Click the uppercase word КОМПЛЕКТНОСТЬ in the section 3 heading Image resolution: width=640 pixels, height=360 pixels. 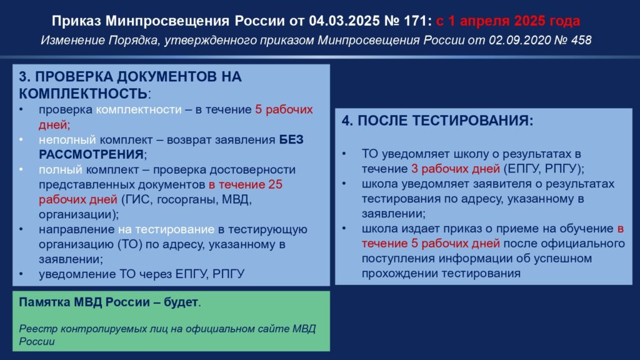tap(84, 93)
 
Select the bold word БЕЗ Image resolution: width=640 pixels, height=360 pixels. tap(291, 139)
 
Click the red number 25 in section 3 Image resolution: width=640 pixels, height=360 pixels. tap(275, 184)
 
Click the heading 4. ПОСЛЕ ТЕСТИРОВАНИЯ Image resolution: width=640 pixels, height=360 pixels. tap(437, 121)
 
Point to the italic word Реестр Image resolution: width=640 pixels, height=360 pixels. tap(35, 328)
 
